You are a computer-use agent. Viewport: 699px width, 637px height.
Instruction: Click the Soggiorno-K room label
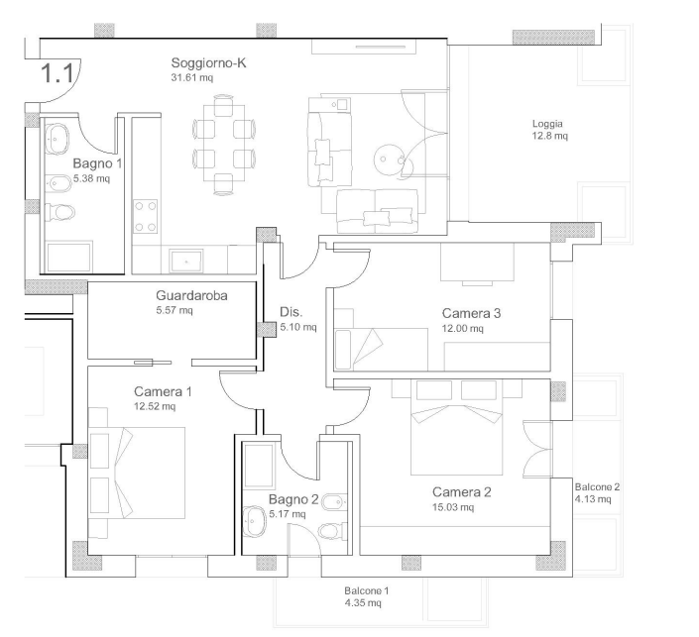[208, 63]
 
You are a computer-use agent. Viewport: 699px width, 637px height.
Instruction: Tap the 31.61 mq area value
[192, 77]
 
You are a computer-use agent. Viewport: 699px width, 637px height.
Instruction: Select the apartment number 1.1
[58, 73]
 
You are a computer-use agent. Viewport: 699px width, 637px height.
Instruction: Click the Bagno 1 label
[97, 163]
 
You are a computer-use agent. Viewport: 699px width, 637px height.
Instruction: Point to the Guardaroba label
[191, 295]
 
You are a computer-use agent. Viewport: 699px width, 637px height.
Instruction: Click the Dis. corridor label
[291, 312]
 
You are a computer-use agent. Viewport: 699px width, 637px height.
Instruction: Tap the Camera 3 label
[471, 313]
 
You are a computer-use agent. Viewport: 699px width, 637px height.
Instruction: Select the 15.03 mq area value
[453, 507]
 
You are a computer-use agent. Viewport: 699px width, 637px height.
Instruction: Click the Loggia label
[547, 124]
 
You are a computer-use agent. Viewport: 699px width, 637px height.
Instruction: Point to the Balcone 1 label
[367, 591]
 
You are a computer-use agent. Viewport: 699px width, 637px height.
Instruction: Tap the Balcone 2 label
[597, 487]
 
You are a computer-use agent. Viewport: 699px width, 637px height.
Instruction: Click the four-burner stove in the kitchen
[146, 217]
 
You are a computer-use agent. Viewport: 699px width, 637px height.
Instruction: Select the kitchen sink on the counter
[186, 261]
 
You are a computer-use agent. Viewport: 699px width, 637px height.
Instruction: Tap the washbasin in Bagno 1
[57, 139]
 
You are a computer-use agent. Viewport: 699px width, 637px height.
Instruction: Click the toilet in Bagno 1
[58, 212]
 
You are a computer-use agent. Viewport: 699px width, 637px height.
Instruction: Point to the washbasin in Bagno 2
[255, 520]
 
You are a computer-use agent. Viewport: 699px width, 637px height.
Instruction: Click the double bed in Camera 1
[137, 474]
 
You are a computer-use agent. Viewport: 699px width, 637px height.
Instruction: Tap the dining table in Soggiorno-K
[224, 143]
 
